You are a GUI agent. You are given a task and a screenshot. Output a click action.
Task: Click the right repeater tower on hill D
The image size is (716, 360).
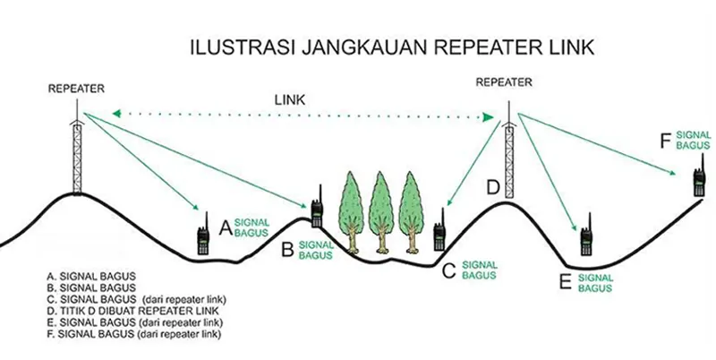coord(509,152)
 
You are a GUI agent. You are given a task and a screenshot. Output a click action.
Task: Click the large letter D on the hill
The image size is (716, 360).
coord(492,187)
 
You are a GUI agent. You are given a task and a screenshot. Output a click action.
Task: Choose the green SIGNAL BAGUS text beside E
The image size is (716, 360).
coord(595,283)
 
